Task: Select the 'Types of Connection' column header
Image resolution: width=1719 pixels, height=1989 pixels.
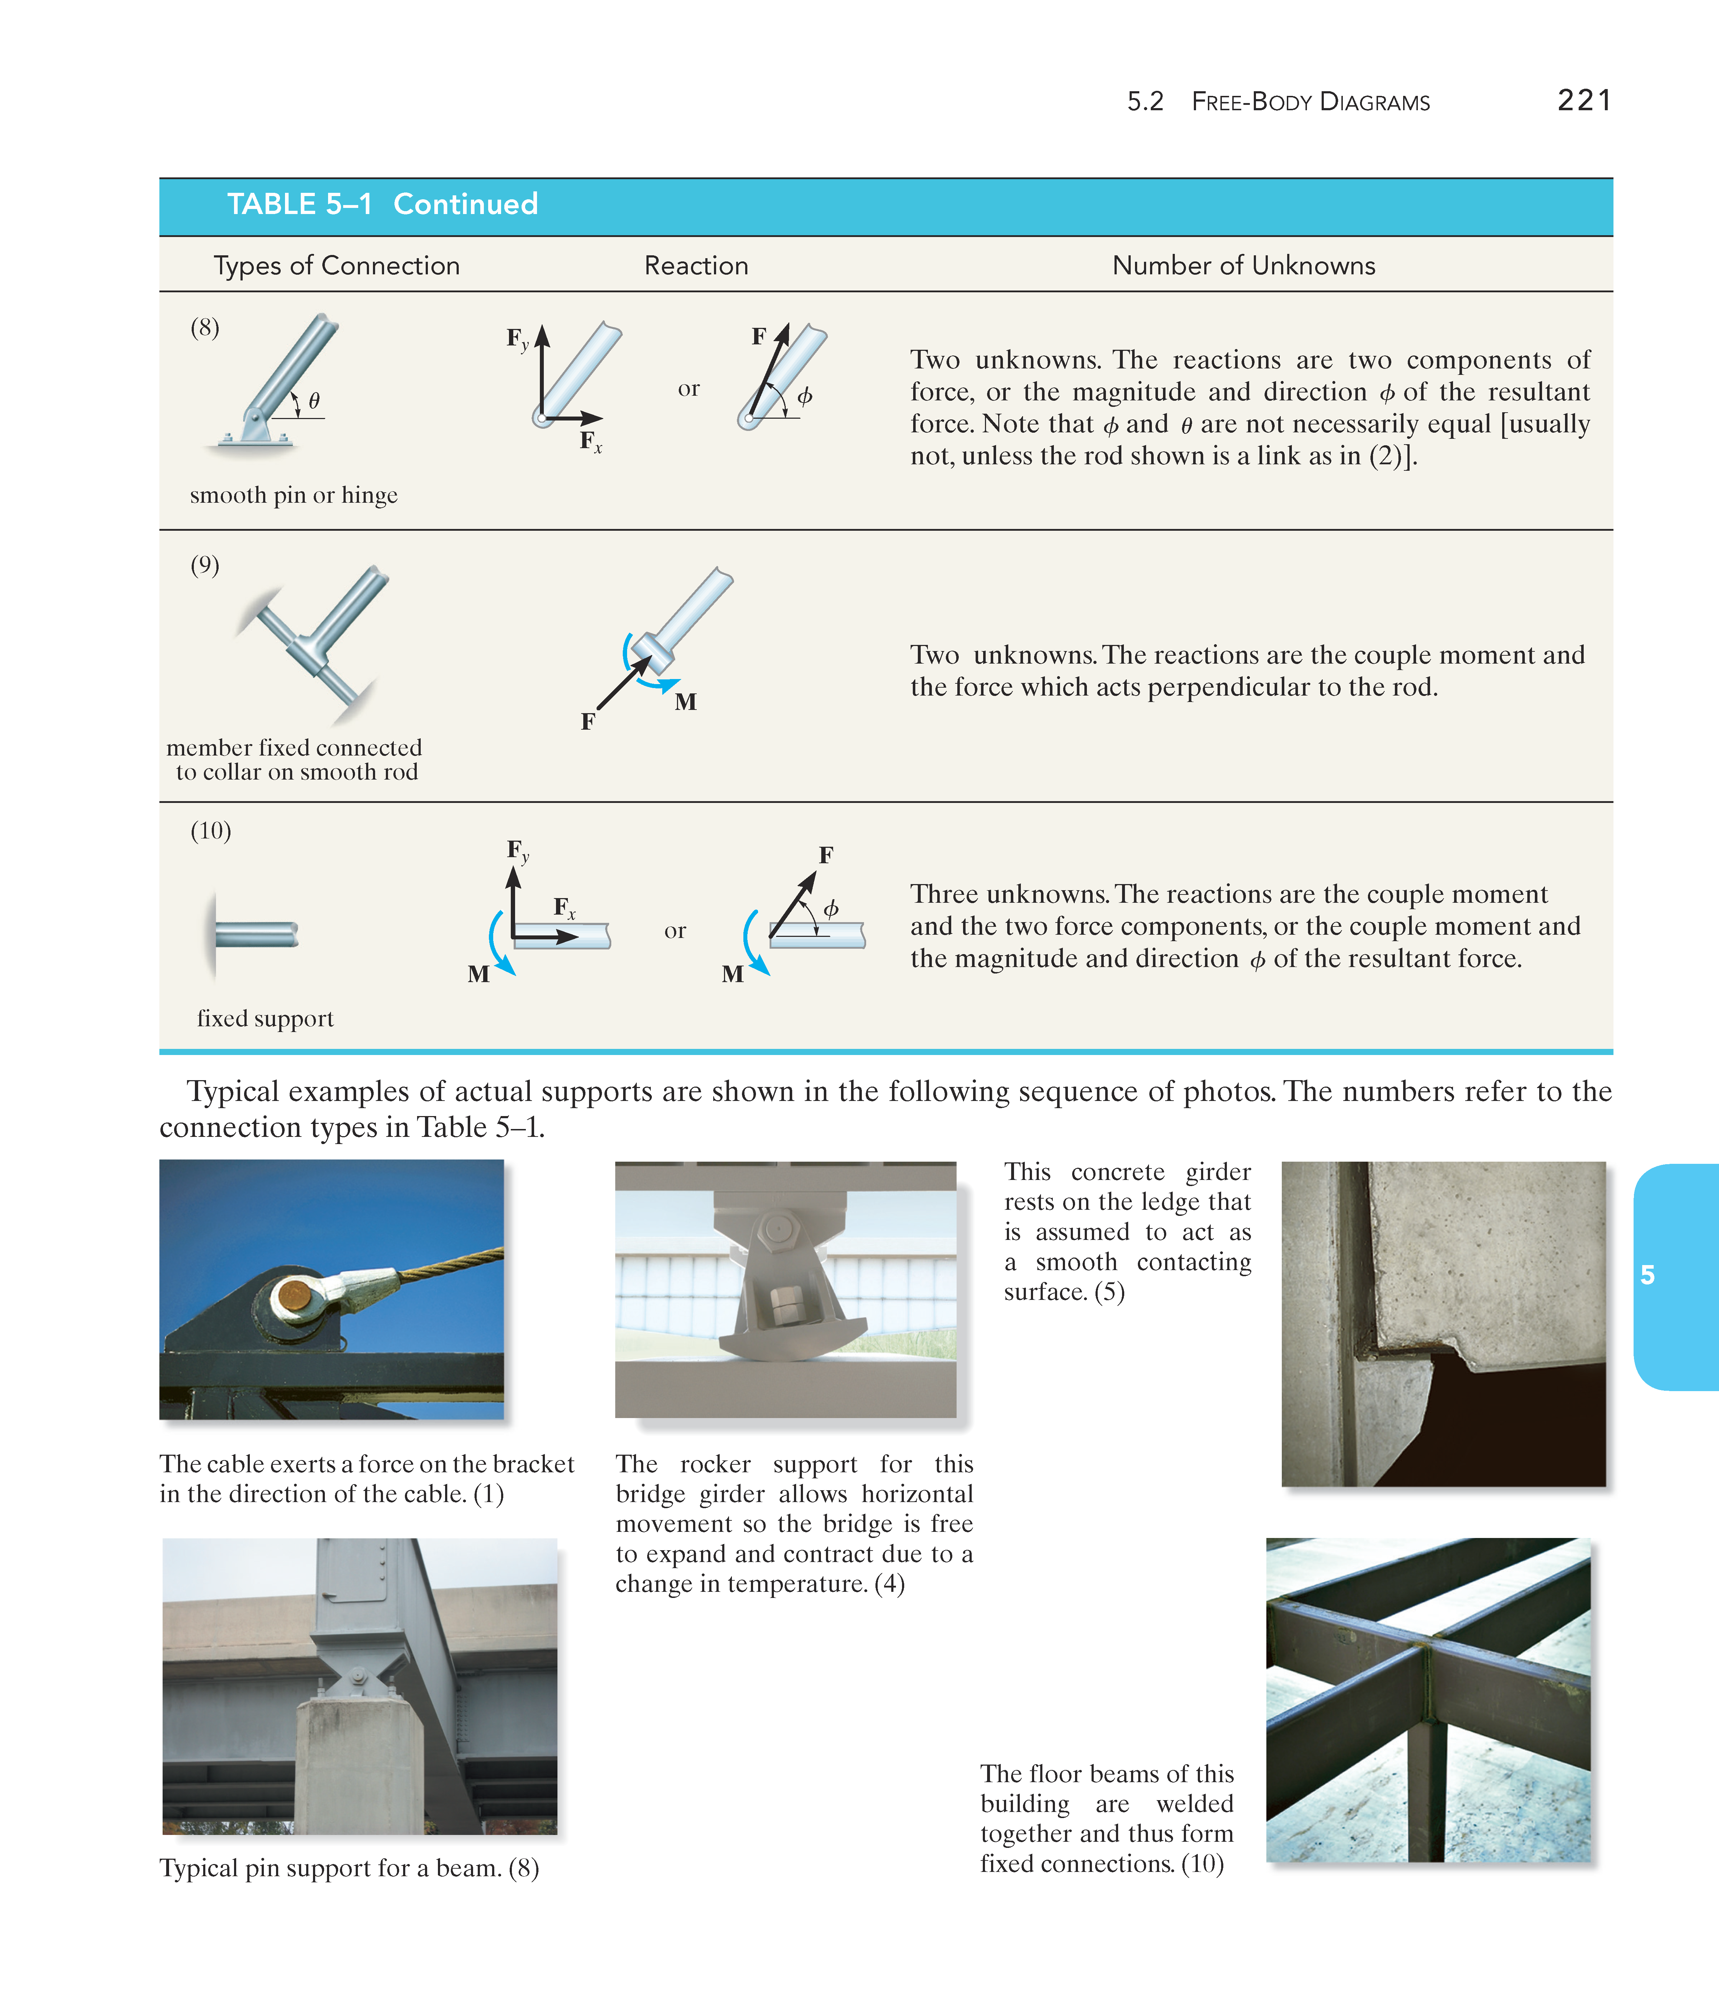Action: click(x=336, y=266)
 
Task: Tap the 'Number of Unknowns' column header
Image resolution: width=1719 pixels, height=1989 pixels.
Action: click(x=1243, y=266)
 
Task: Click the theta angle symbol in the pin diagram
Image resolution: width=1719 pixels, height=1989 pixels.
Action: click(x=314, y=400)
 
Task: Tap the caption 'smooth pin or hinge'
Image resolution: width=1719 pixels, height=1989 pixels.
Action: click(x=294, y=495)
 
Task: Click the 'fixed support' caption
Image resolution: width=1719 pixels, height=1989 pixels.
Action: click(x=265, y=1018)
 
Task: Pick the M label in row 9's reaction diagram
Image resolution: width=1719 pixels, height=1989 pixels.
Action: click(x=685, y=702)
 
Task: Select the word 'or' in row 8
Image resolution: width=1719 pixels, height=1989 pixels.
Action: click(x=688, y=389)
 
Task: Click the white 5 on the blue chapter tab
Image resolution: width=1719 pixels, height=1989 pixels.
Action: click(x=1647, y=1275)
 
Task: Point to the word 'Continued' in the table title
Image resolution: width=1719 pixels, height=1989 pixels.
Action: click(x=466, y=204)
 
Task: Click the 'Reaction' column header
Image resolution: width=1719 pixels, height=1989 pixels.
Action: click(x=696, y=266)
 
